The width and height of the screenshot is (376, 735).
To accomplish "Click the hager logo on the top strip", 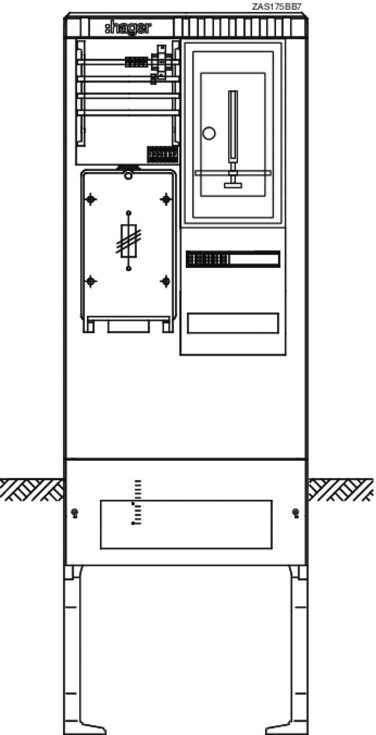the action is point(128,28).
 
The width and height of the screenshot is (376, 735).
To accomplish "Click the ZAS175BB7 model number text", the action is point(277,6).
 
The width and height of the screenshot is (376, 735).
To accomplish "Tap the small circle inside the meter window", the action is point(209,133).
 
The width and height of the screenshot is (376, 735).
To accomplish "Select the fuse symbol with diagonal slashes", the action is point(128,241).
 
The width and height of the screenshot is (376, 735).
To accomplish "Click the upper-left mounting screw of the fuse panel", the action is point(91,199).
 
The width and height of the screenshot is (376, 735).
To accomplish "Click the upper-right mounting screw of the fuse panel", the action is point(166,199).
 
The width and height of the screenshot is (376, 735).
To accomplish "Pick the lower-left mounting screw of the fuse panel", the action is point(91,281).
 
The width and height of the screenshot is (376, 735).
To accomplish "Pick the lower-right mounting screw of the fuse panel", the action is point(166,281).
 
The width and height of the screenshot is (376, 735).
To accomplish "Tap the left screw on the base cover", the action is point(75,513).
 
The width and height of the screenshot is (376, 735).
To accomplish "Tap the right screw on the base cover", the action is point(295,513).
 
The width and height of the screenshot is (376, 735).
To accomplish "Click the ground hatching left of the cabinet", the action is point(31,490).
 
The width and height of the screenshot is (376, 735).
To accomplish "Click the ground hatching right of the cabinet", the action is point(341,490).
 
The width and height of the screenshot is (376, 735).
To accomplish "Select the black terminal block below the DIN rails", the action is point(162,154).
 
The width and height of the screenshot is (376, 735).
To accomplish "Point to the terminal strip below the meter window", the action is point(232,259).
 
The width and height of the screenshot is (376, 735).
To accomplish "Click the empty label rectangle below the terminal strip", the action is point(232,323).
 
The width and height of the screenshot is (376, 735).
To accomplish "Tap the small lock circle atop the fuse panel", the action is point(128,175).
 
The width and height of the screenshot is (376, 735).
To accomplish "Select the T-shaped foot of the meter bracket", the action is point(232,180).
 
